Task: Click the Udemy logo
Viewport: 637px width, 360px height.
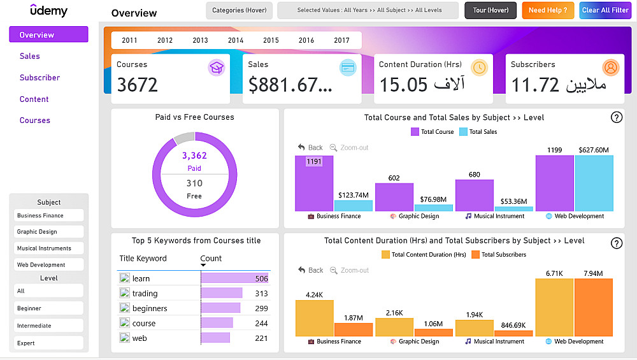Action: click(48, 11)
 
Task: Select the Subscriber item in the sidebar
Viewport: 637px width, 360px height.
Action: click(39, 78)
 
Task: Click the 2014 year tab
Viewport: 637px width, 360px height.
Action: click(236, 40)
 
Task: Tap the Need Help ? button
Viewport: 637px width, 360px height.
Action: click(548, 10)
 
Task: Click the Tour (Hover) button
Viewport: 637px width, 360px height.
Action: click(490, 10)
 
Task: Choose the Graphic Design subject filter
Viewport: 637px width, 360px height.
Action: click(48, 232)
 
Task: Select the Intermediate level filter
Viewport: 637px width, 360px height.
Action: click(48, 326)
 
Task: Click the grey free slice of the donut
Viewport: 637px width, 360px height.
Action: click(184, 137)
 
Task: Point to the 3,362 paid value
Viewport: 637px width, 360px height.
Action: click(194, 155)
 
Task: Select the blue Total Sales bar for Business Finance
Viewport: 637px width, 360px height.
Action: click(354, 206)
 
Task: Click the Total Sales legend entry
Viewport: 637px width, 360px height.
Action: click(478, 132)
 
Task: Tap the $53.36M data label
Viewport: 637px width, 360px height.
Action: click(514, 201)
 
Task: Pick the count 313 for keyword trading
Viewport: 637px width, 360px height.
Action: click(261, 294)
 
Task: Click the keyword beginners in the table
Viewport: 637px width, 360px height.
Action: click(150, 308)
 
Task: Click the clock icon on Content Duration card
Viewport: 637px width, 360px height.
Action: click(479, 68)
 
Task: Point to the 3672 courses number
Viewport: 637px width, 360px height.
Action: click(138, 85)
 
